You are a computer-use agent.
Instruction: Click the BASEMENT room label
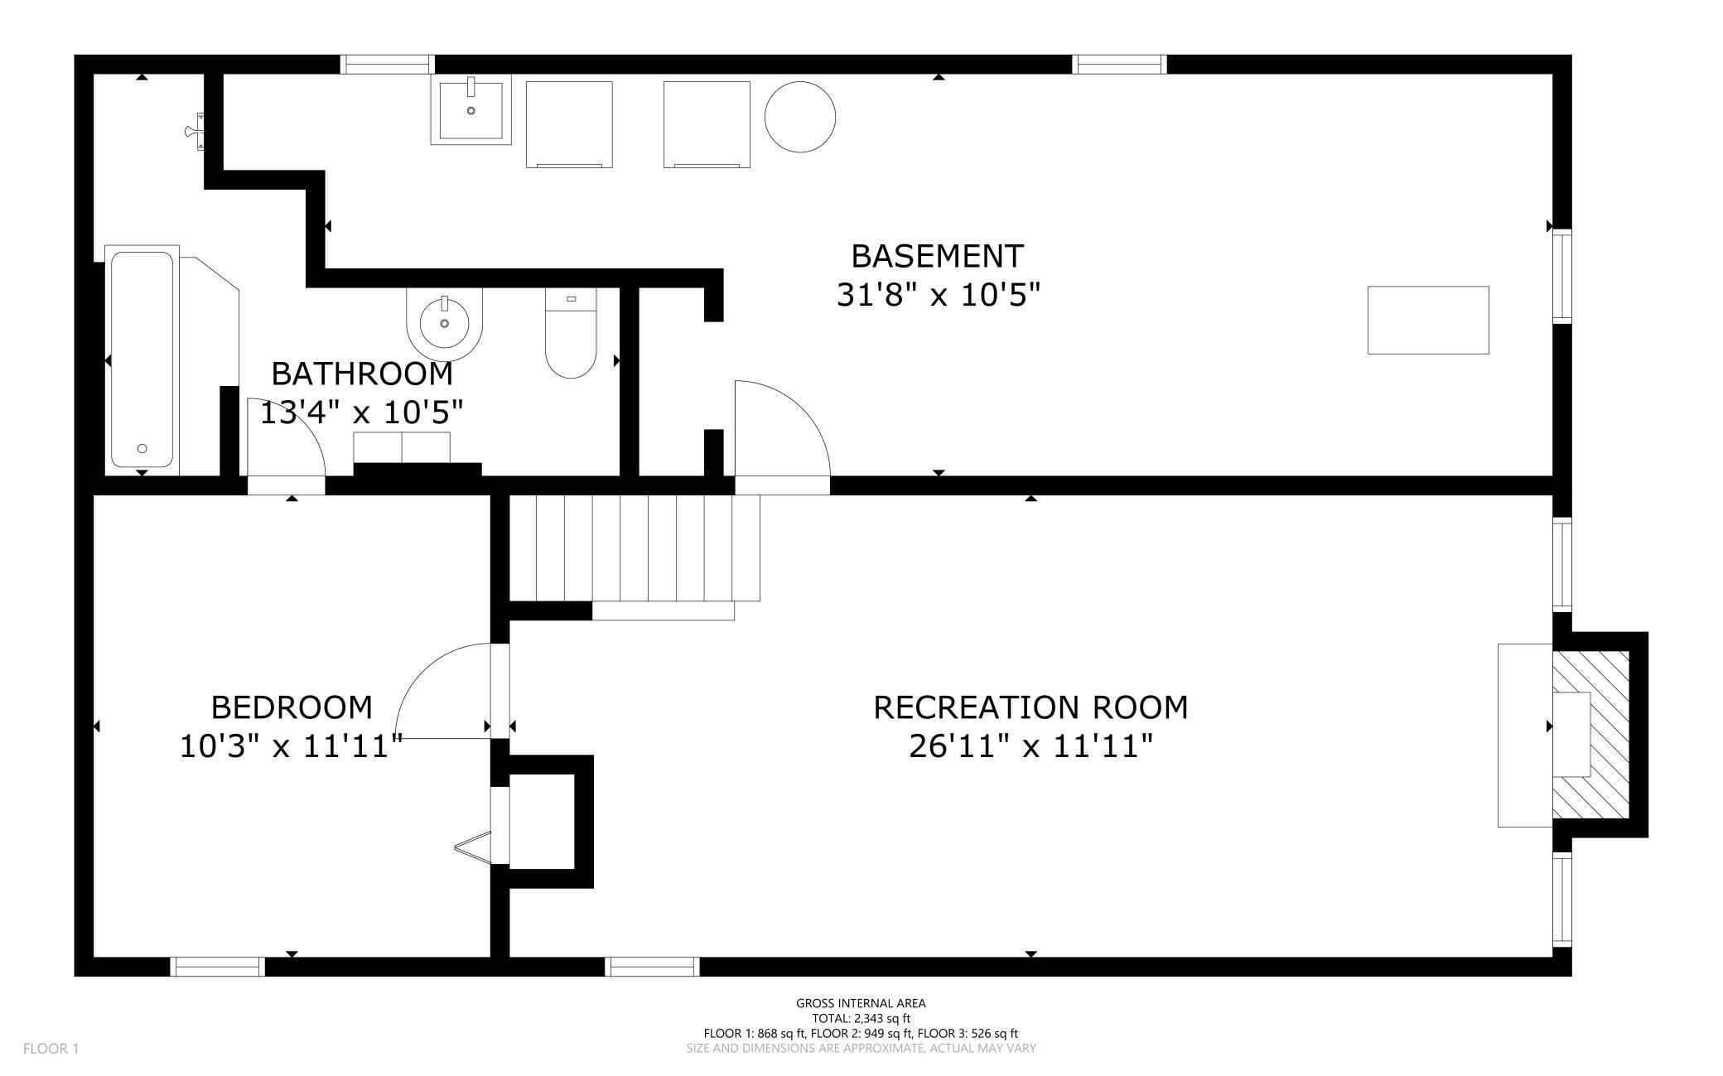937,256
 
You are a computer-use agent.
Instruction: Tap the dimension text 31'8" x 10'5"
938,294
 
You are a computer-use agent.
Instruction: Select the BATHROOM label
362,374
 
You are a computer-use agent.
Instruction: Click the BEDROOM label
292,707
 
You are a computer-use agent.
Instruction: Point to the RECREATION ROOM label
1030,707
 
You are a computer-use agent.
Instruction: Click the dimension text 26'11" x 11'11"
1030,746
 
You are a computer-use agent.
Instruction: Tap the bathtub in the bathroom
142,360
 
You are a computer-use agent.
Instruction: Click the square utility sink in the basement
471,109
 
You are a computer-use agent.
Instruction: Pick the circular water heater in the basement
799,117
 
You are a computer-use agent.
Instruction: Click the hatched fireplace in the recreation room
1590,734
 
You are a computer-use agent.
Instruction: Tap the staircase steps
634,548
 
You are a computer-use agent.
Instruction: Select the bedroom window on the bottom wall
218,966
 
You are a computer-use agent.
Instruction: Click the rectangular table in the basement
1428,320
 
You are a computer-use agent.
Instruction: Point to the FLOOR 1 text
51,1049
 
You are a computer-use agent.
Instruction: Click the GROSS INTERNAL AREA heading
861,1003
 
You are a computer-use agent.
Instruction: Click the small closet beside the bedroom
541,822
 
